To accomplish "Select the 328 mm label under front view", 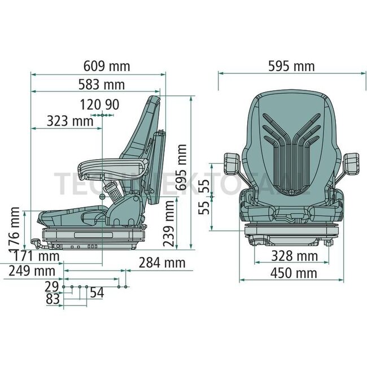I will [x=291, y=256].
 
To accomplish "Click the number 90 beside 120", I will [x=112, y=104].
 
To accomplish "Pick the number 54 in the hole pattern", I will [x=97, y=292].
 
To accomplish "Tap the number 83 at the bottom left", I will [x=53, y=299].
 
